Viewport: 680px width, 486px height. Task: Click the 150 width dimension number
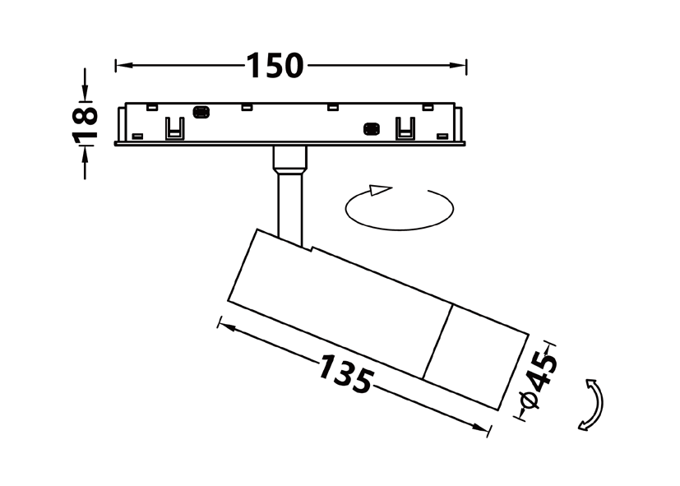pos(275,66)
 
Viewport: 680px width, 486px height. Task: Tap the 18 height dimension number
pos(85,124)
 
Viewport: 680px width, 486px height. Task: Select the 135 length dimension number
pos(345,373)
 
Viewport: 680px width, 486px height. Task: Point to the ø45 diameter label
pos(539,381)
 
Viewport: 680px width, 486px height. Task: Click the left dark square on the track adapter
pos(201,113)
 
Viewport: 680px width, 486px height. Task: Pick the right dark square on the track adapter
pos(371,129)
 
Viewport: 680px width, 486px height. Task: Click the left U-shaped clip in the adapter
pos(175,128)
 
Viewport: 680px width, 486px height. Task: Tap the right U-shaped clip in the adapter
pos(405,128)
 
